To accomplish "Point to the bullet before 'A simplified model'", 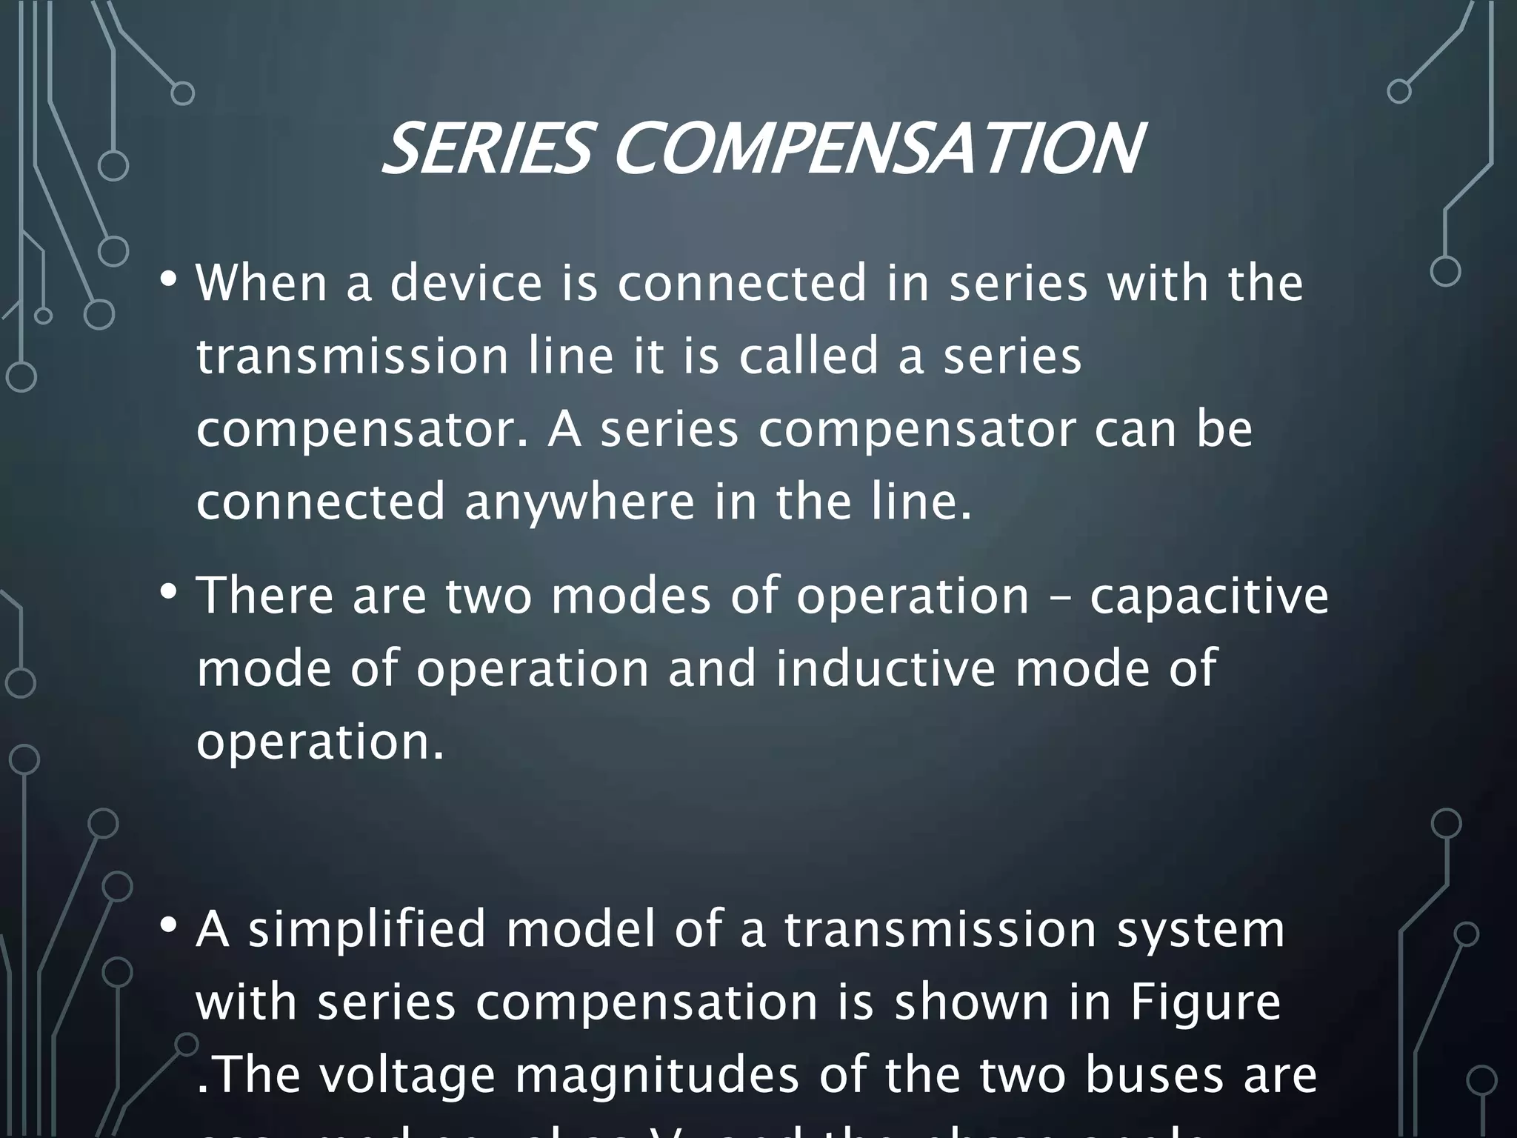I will (168, 925).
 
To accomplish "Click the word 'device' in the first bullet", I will (466, 283).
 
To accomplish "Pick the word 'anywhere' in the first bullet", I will (579, 502).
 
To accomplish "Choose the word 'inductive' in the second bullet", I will (886, 668).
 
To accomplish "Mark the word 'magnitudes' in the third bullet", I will (657, 1075).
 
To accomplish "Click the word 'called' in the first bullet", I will (809, 356).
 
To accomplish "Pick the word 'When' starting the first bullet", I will (261, 283).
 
